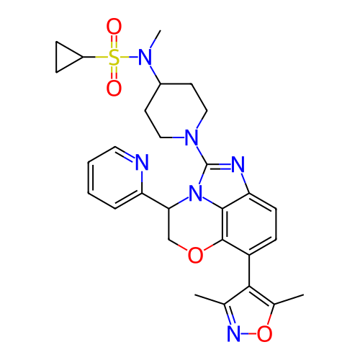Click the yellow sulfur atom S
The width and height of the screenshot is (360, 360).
[114, 57]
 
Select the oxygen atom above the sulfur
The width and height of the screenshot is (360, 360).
[114, 27]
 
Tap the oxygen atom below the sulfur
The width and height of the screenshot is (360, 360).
[114, 88]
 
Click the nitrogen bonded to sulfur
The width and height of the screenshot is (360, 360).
[145, 57]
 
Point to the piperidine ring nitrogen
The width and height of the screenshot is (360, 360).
[192, 138]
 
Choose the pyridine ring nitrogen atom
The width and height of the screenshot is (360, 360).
[142, 162]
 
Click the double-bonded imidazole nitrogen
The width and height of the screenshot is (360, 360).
[238, 164]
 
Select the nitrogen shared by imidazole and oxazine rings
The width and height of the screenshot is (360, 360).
[195, 194]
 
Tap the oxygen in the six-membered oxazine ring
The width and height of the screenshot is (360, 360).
[195, 255]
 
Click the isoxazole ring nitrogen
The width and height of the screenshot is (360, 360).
[233, 333]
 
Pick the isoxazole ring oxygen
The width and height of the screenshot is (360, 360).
[264, 333]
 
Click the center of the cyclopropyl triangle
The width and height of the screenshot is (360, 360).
[65, 57]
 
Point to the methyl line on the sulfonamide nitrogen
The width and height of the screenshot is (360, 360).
[156, 39]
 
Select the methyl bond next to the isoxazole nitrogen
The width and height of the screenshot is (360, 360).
[210, 300]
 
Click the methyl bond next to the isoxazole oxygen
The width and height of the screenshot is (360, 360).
[289, 300]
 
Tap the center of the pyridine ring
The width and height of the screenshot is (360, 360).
[115, 178]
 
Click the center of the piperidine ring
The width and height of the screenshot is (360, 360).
[176, 111]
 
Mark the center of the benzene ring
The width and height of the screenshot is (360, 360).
[249, 224]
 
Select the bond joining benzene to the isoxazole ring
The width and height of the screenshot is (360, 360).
[249, 271]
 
